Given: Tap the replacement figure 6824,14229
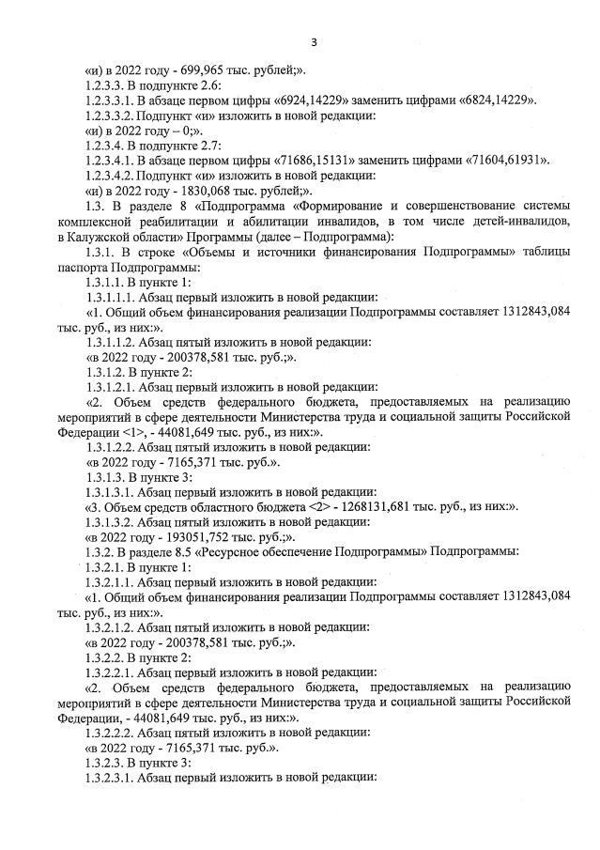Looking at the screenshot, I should (493, 100).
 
